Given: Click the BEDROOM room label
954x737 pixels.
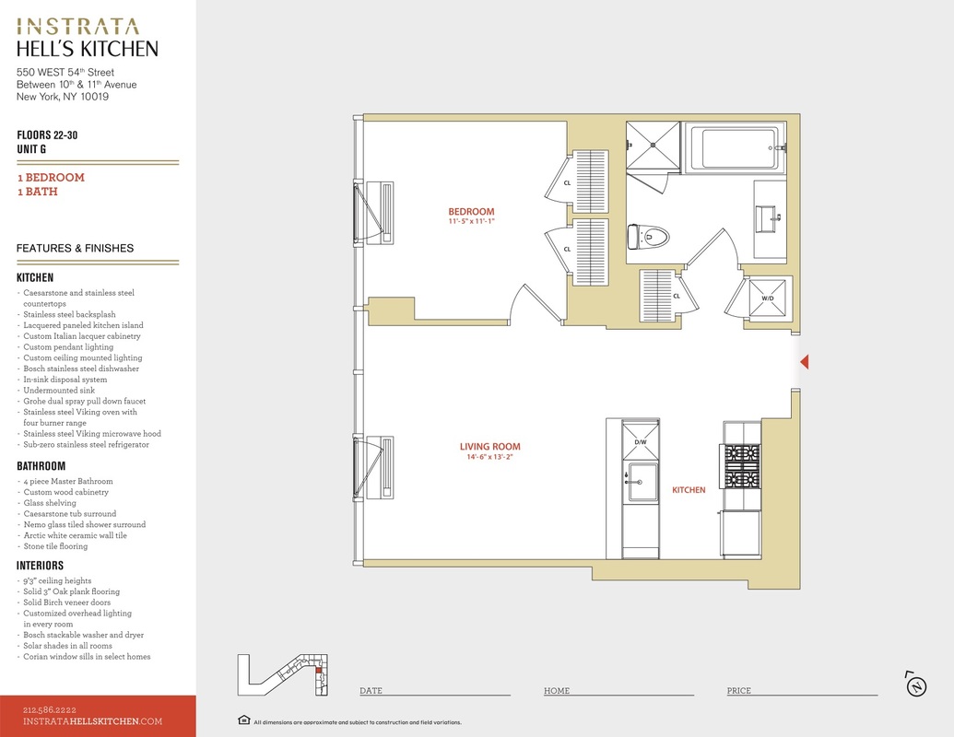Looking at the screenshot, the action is point(471,212).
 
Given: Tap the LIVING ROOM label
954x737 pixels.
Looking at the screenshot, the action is point(489,446).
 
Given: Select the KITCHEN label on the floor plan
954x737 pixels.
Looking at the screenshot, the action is point(689,489).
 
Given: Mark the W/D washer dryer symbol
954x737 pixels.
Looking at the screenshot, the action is point(768,298).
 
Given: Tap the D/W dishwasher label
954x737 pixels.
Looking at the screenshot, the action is point(641,442).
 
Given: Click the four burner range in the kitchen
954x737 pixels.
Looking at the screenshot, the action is point(742,466).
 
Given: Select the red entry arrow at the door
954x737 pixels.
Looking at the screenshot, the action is point(805,362).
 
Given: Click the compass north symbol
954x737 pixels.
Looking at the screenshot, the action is point(916,685).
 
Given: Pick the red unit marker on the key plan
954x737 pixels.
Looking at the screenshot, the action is point(318,670).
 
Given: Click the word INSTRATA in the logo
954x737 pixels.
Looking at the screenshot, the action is point(77,26).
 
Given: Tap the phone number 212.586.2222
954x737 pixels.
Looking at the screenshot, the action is point(50,709).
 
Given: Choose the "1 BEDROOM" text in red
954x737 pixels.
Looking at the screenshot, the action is point(51,178).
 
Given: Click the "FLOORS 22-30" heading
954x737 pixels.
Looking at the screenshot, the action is point(47,135).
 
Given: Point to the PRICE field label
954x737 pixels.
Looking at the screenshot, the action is point(738,691).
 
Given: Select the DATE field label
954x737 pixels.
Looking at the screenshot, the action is point(371,691).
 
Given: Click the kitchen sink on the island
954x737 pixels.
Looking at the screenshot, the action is point(642,482).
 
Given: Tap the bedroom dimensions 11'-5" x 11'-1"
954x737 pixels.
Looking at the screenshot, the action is point(472,221).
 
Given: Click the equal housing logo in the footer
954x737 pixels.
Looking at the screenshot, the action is point(244,720).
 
